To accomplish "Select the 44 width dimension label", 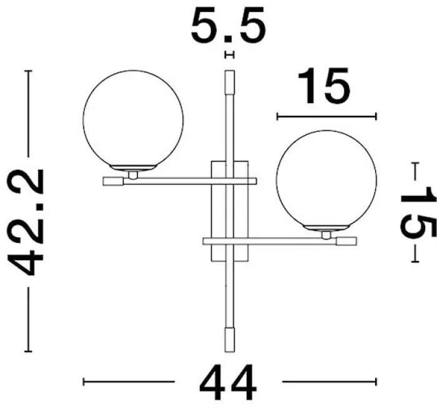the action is [x=228, y=383].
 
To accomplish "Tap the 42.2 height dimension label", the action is [x=25, y=222].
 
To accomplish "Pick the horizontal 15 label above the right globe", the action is [x=323, y=86].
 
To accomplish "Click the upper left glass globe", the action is [x=133, y=120].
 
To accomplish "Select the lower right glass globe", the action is [x=327, y=180].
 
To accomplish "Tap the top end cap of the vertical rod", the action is [x=230, y=82].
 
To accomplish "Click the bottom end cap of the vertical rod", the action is [x=230, y=340].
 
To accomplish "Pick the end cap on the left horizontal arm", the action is [x=113, y=182].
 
